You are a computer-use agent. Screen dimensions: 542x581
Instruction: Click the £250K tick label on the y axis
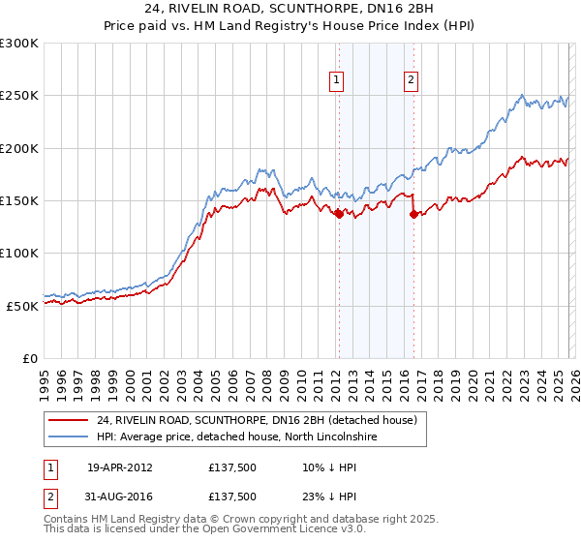19,96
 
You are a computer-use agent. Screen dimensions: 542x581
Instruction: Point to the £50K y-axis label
22,305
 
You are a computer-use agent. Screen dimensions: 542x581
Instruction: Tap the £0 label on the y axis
31,357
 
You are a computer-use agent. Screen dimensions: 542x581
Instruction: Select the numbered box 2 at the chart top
412,80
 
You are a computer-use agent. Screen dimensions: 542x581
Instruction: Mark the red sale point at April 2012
339,215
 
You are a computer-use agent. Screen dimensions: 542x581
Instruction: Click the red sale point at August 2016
413,215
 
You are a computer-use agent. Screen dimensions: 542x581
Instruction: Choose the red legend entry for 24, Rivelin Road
256,421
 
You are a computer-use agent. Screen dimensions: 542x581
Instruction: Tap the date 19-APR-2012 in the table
120,467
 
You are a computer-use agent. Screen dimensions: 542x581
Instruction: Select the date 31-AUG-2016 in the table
120,496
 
